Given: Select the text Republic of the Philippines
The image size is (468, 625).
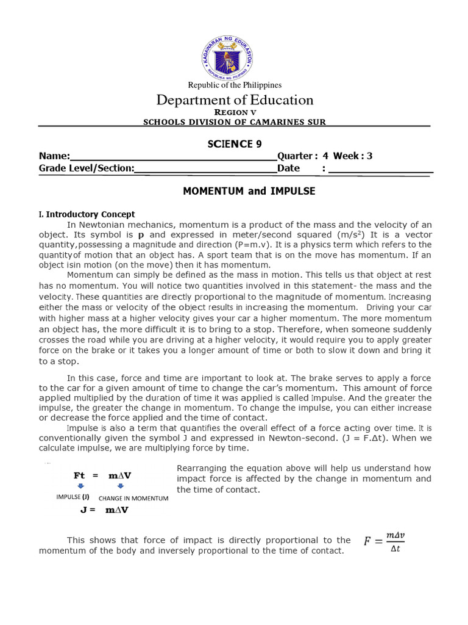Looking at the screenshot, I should [234, 85].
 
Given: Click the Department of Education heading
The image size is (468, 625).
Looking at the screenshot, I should [235, 100].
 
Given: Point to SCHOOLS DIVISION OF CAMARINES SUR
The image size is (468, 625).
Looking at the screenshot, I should [235, 122].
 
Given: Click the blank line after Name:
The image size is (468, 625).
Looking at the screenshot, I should [174, 156].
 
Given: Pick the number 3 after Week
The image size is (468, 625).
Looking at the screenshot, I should [369, 156].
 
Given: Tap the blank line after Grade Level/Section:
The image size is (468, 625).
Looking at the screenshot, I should [205, 168].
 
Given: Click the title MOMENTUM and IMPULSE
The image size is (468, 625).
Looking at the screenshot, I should [249, 191].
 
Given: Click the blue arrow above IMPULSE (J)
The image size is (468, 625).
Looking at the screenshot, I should [82, 486].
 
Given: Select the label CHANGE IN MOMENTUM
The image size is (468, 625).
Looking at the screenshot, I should [133, 498].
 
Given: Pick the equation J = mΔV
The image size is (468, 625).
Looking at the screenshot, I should [104, 510].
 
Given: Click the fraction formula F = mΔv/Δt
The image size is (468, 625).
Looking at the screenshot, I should [385, 541].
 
